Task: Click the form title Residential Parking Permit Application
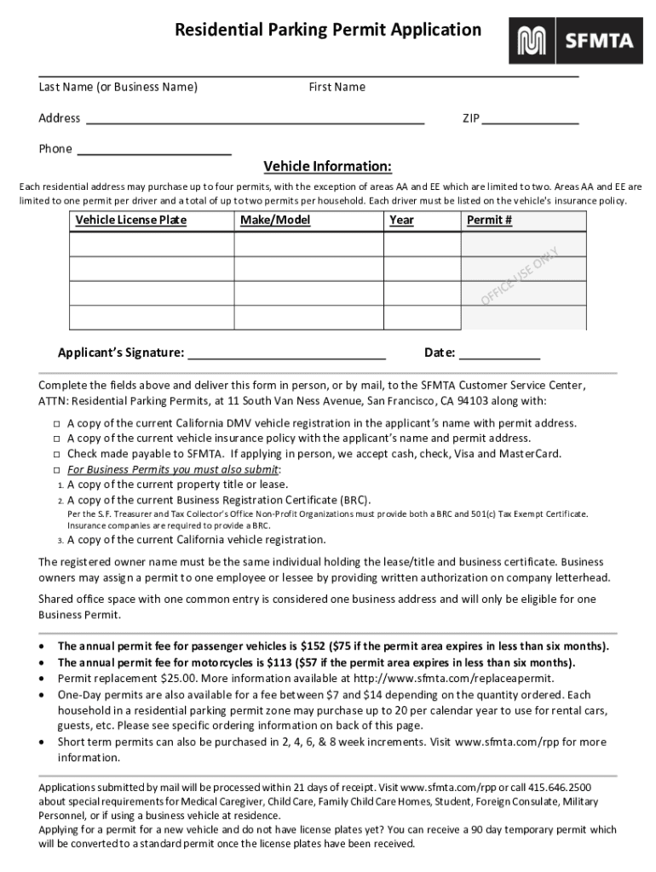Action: (x=328, y=31)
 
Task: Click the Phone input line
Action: (x=154, y=149)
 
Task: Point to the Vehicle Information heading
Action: (x=327, y=166)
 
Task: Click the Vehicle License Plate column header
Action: (x=130, y=221)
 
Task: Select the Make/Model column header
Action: (x=275, y=221)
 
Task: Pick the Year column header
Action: (x=401, y=221)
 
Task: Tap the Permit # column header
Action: (x=489, y=221)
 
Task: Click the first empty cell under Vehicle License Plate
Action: (x=151, y=244)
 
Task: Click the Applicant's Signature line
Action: (x=286, y=353)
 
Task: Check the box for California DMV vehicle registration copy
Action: (x=55, y=423)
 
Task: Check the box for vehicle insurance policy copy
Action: (x=55, y=439)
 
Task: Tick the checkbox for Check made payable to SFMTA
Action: (x=55, y=454)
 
